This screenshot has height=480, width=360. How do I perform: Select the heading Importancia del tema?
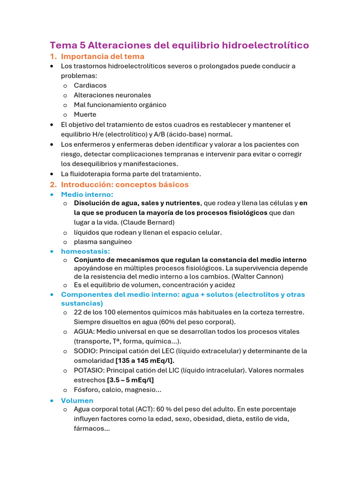(103, 56)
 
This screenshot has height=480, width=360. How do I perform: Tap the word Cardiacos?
(90, 85)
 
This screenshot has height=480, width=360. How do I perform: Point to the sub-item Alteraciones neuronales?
(112, 95)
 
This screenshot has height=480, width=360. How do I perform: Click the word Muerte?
(85, 114)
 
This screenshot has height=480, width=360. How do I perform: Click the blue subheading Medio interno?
(87, 194)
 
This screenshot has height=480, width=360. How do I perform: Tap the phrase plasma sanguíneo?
(103, 242)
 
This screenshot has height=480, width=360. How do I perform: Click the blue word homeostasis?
(85, 251)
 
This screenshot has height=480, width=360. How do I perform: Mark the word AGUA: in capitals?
(84, 331)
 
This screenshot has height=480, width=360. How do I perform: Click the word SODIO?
(86, 351)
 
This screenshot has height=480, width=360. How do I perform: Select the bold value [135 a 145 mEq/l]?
(145, 360)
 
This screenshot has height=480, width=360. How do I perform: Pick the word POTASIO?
(89, 370)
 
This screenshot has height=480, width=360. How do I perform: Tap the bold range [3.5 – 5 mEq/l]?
(130, 380)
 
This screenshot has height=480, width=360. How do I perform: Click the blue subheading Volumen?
(77, 400)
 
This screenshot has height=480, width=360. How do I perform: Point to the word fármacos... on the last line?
(91, 428)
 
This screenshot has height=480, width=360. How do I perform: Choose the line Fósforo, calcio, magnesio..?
(117, 390)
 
